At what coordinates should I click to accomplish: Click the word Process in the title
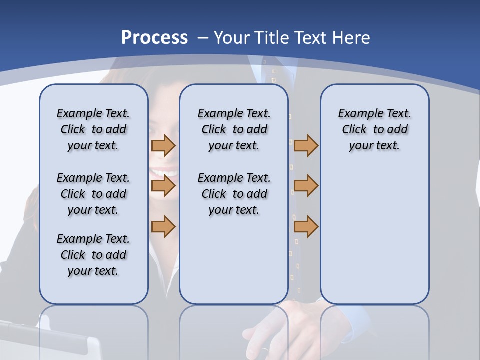154,38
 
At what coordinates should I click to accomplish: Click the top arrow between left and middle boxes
163,145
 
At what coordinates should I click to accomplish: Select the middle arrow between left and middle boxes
163,186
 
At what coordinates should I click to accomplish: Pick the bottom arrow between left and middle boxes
163,226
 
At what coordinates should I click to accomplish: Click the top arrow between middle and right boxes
306,145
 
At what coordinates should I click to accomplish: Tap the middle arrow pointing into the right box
306,186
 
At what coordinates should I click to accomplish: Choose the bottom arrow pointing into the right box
306,226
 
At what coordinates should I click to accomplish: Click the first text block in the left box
93,129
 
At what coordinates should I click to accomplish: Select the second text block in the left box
93,194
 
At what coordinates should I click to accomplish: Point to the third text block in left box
93,255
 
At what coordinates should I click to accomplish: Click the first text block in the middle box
234,129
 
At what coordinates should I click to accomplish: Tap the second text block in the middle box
234,194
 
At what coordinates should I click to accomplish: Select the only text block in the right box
374,129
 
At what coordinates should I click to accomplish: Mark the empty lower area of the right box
374,240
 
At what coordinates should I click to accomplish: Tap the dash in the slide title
202,38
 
